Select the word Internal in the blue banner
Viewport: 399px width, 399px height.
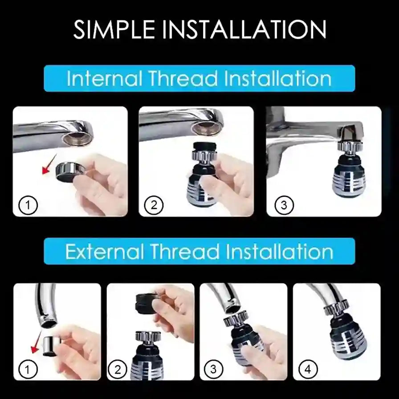(x=105, y=79)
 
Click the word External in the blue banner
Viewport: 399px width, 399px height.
(x=105, y=252)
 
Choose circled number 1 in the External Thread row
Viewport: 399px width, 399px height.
(x=28, y=369)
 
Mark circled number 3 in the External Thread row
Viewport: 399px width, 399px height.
(x=214, y=369)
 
